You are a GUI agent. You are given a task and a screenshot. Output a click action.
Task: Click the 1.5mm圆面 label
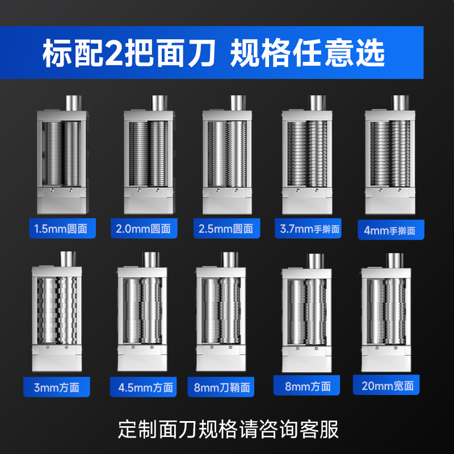(62, 229)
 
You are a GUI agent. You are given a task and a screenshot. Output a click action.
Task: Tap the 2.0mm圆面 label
(144, 229)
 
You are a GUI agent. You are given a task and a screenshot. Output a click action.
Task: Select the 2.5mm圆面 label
(226, 229)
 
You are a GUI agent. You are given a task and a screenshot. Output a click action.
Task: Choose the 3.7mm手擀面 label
(308, 229)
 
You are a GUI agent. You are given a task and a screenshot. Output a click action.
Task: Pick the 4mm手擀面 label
(391, 230)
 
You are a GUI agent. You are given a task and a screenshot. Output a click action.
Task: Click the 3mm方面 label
(57, 387)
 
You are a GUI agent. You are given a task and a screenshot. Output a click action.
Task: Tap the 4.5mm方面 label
(144, 387)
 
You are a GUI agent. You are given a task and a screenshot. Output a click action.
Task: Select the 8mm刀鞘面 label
(221, 387)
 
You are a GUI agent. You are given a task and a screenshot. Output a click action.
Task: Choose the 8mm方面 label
(306, 385)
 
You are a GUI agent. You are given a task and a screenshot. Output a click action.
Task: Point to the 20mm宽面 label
(386, 385)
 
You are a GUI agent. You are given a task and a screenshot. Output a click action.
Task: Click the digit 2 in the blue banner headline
(115, 53)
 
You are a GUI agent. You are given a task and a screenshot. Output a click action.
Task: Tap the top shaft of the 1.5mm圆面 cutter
(74, 103)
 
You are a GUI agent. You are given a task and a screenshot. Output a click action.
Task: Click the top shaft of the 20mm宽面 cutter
(395, 260)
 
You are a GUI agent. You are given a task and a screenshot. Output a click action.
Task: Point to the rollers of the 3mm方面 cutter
(57, 310)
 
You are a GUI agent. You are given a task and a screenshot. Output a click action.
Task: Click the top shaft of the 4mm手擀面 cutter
(401, 103)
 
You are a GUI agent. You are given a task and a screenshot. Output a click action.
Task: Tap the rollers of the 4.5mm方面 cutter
(142, 310)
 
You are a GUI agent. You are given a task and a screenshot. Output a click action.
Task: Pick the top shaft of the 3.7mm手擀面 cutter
(318, 103)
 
